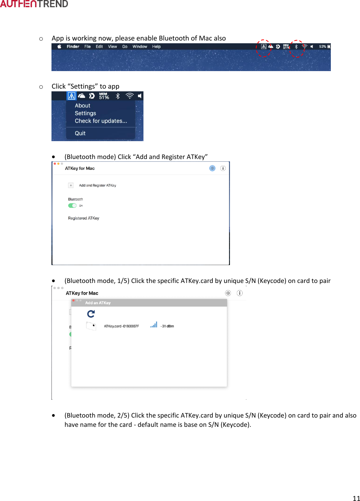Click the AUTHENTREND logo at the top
point(34,4)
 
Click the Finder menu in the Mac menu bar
point(73,47)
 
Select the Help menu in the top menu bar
point(156,47)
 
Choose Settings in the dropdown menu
point(85,113)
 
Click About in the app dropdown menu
point(82,106)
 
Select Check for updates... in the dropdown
point(101,121)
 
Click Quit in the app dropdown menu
point(80,133)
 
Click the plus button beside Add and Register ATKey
point(71,185)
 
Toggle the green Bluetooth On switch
point(72,206)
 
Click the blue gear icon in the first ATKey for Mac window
point(212,168)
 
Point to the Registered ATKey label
point(83,218)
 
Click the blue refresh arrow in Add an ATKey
point(91,314)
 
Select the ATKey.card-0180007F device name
point(121,326)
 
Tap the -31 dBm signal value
point(167,326)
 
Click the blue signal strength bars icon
point(154,325)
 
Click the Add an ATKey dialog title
point(98,303)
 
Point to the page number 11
point(356,498)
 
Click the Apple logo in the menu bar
point(59,47)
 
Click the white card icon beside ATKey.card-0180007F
point(91,326)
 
